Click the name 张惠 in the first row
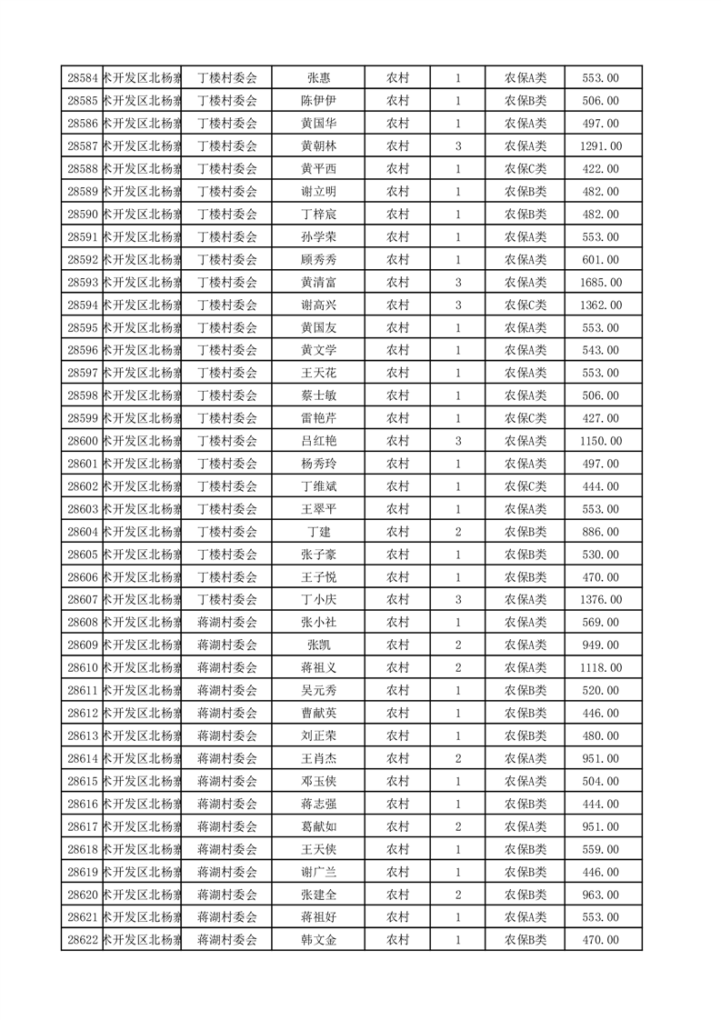[318, 78]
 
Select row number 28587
[83, 146]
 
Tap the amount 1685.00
[600, 282]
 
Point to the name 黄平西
[318, 169]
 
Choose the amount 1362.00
[600, 305]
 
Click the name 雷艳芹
[318, 418]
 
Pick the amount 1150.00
[600, 441]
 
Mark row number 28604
[83, 532]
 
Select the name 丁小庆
[318, 599]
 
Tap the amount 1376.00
[600, 599]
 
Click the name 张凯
[318, 645]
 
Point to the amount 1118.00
[600, 667]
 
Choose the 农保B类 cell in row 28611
[526, 690]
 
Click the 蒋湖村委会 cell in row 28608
[227, 622]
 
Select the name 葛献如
[318, 826]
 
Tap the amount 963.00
[600, 895]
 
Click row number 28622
[83, 940]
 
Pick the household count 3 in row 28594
[458, 305]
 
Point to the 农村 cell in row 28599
[397, 418]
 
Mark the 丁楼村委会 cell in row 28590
[227, 215]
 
